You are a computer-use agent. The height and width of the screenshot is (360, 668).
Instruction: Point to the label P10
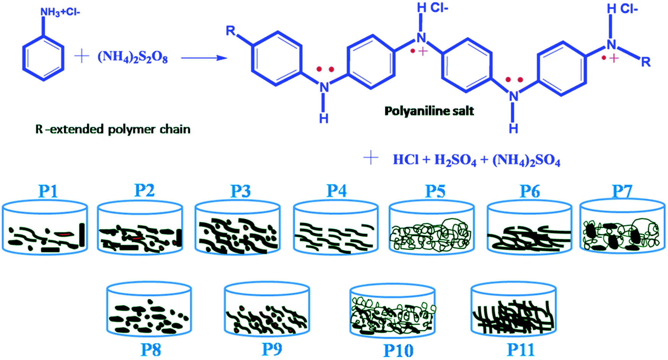click(398, 350)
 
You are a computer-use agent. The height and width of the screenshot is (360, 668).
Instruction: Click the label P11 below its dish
click(520, 350)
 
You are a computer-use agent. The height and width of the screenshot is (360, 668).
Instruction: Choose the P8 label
click(151, 350)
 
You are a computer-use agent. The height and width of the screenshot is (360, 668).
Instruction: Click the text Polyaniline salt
click(429, 111)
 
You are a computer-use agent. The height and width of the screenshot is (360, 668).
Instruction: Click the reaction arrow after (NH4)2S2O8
click(204, 58)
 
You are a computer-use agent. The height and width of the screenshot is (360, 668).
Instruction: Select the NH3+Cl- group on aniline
click(60, 12)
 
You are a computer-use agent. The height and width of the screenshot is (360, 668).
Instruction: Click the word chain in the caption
click(175, 129)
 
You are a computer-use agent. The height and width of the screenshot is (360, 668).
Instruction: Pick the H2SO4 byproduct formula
click(455, 160)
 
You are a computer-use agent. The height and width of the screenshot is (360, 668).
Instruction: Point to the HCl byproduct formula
click(406, 160)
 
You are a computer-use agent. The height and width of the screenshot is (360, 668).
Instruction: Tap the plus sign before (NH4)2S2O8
click(81, 57)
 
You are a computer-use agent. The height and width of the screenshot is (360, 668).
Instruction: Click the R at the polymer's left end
click(230, 31)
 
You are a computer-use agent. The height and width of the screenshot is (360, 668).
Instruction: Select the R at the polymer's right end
click(645, 62)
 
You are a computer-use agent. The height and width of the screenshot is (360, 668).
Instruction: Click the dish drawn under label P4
click(336, 228)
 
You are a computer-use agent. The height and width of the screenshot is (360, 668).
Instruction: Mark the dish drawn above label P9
click(267, 310)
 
